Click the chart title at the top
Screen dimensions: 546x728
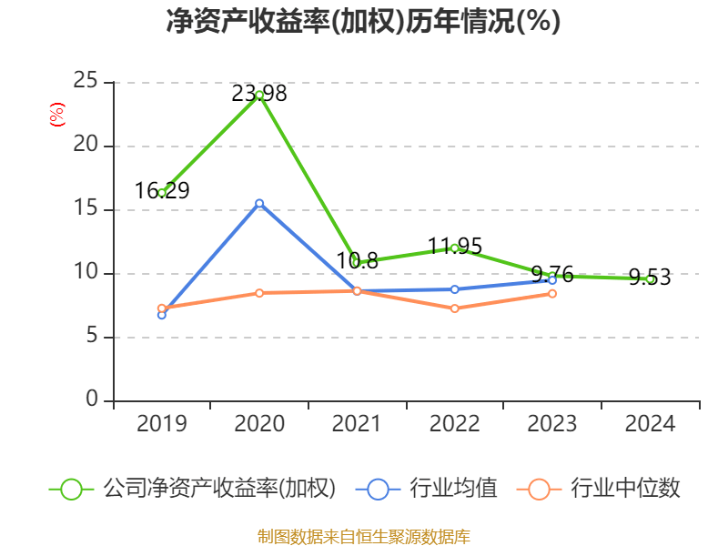pos(363,22)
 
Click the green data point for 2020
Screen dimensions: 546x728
pos(259,95)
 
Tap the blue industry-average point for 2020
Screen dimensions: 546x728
pos(259,203)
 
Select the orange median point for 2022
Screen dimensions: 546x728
pos(454,308)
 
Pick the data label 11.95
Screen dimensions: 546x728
pos(454,246)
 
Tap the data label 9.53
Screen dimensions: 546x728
pos(650,278)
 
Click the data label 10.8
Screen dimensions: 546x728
pos(357,261)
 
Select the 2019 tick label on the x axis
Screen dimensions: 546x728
pos(162,424)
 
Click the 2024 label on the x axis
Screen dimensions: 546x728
pos(650,424)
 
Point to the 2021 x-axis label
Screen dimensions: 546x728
pos(357,424)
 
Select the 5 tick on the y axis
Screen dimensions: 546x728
pos(92,337)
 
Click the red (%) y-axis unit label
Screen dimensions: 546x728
pos(56,115)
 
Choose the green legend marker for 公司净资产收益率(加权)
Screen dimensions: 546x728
pos(72,489)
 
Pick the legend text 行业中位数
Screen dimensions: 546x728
pos(624,489)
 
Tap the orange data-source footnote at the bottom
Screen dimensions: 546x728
pos(363,536)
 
